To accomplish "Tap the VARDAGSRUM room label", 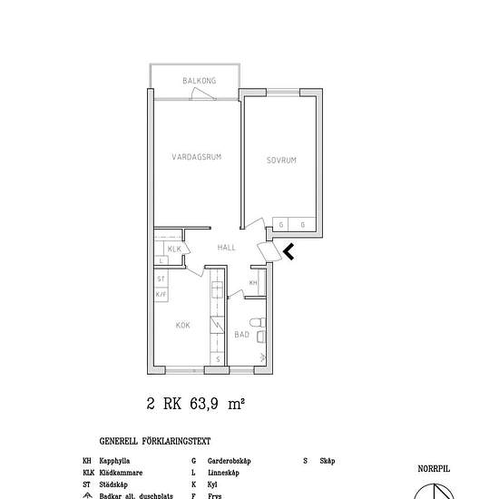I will pyautogui.click(x=197, y=157).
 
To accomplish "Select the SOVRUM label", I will pyautogui.click(x=281, y=161).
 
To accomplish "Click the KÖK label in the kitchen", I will pyautogui.click(x=182, y=324).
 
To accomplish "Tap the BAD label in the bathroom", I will pyautogui.click(x=241, y=335).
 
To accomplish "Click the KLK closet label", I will pyautogui.click(x=175, y=249).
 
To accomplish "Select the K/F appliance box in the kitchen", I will pyautogui.click(x=161, y=294).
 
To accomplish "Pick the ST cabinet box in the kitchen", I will pyautogui.click(x=161, y=279).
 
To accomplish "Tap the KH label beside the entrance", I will pyautogui.click(x=253, y=283).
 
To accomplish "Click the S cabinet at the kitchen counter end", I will pyautogui.click(x=218, y=359).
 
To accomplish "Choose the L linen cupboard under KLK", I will pyautogui.click(x=161, y=260).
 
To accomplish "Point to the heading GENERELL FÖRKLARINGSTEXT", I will pyautogui.click(x=154, y=442).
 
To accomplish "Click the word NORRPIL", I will pyautogui.click(x=433, y=469).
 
